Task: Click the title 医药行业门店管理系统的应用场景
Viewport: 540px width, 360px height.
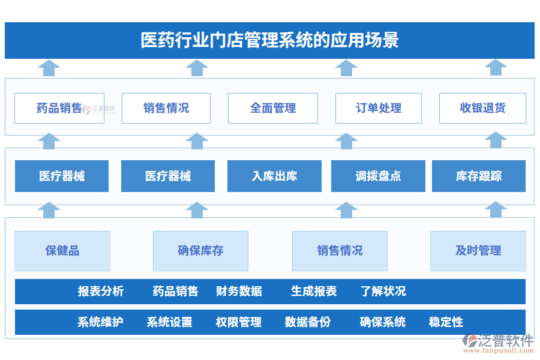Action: tap(269, 40)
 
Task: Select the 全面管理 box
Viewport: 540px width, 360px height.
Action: tap(273, 108)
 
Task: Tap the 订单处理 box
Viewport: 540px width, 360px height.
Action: tap(379, 108)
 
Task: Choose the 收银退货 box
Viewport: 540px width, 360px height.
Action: tap(482, 108)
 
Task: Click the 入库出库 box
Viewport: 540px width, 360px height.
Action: tap(274, 176)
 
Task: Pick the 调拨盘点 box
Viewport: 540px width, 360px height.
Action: tap(378, 176)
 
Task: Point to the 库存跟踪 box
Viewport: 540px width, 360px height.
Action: tap(478, 176)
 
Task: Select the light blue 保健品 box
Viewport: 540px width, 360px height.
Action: tap(62, 251)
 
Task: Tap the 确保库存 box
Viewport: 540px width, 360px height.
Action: tap(200, 251)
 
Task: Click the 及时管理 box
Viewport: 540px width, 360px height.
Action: tap(478, 251)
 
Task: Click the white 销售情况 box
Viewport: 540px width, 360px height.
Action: tap(166, 108)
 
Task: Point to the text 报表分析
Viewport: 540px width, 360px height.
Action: tap(101, 292)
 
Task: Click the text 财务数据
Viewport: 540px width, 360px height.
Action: tap(239, 292)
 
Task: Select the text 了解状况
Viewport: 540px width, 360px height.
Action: tap(383, 292)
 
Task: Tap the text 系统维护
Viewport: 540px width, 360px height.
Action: tap(100, 322)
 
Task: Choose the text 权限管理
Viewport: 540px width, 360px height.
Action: tap(239, 322)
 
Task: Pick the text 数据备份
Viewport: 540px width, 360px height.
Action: tap(308, 322)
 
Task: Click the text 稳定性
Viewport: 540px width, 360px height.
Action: tap(446, 322)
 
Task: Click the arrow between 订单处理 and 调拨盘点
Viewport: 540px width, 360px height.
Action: tap(346, 141)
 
